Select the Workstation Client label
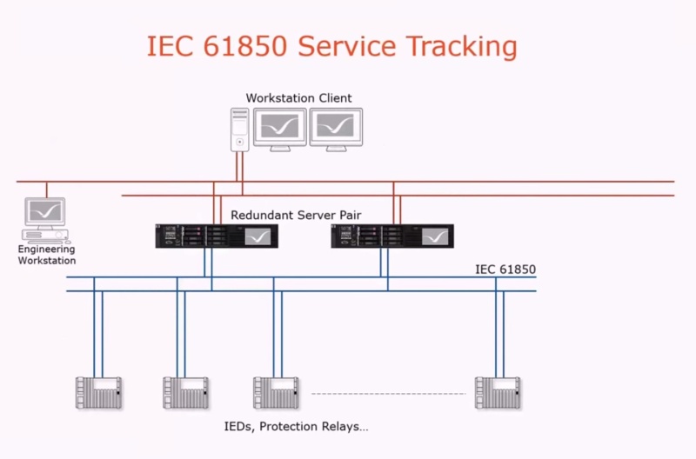coord(298,98)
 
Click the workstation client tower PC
coord(240,129)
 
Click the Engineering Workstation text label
coord(47,255)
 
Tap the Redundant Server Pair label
coord(296,215)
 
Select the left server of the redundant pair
coord(217,236)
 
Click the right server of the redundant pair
coord(392,236)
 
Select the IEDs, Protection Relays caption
coord(297,427)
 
